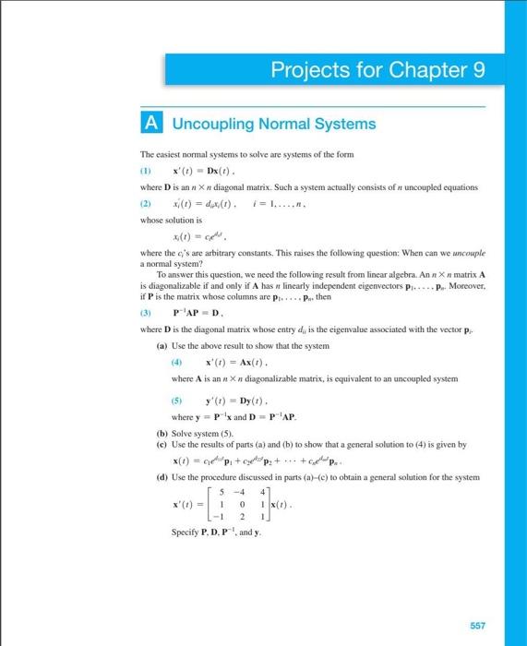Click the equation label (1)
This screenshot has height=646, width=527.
click(145, 172)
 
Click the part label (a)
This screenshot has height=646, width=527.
click(162, 344)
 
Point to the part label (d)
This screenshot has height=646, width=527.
click(162, 477)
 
